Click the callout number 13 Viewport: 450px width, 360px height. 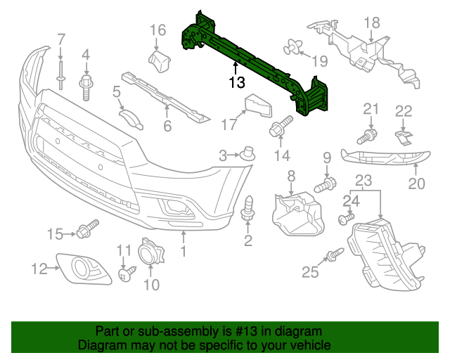click(236, 83)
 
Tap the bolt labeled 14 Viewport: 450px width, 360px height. click(280, 129)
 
